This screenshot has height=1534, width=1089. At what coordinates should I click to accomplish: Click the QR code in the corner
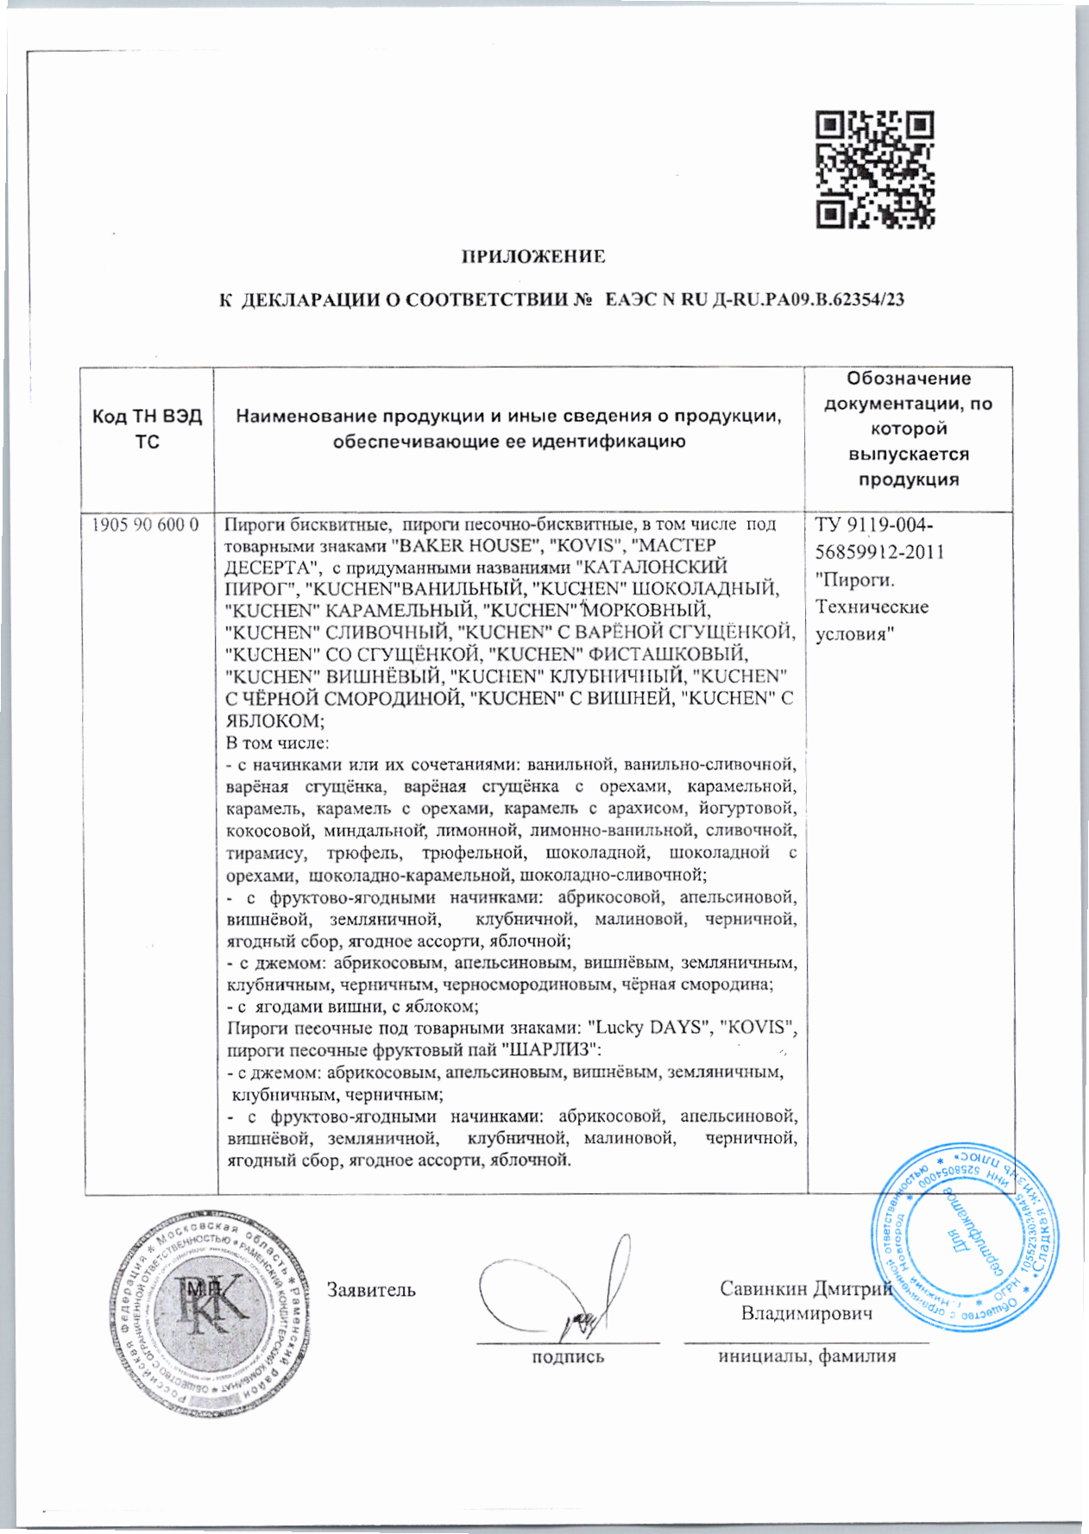coord(875,170)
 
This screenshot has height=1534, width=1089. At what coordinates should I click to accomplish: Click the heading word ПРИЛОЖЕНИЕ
coord(532,256)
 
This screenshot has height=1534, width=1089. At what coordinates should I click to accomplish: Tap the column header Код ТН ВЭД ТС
coord(148,429)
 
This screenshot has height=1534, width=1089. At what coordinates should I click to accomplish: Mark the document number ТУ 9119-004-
coord(874,525)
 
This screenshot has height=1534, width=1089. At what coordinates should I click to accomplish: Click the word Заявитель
coord(371,1290)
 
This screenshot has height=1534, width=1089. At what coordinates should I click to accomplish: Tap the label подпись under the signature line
coord(567,1357)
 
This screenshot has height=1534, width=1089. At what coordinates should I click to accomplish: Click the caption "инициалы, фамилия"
coord(807,1355)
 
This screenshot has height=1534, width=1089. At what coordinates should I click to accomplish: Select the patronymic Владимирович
coord(807,1313)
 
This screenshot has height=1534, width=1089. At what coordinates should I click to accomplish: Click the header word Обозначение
coord(908,379)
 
